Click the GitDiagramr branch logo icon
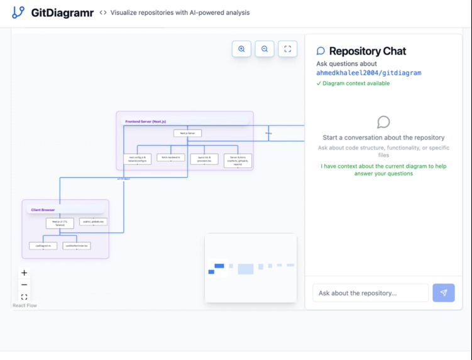(18, 12)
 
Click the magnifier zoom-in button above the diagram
(241, 49)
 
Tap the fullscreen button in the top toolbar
(287, 49)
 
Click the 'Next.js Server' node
(187, 133)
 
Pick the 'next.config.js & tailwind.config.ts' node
(137, 159)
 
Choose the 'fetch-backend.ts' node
(171, 158)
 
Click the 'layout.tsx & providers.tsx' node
(204, 159)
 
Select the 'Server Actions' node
(238, 160)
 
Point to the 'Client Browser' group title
(43, 210)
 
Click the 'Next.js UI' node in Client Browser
(60, 223)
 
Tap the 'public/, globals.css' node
(93, 222)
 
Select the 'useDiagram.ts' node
(43, 246)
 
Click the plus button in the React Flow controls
(25, 273)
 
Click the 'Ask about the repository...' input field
(370, 293)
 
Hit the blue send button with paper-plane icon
(444, 293)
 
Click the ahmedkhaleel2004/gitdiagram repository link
(368, 73)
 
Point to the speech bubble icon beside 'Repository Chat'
(321, 52)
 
